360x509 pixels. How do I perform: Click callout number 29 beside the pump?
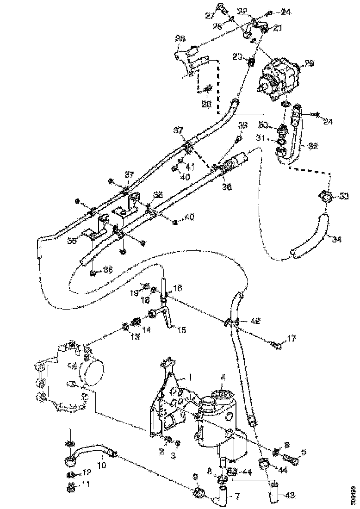click(309, 64)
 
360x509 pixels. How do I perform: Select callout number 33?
click(343, 197)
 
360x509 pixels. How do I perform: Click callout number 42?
click(255, 320)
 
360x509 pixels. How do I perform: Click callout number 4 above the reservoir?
click(223, 378)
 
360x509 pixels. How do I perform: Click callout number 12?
click(87, 472)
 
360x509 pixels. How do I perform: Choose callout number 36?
click(108, 269)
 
